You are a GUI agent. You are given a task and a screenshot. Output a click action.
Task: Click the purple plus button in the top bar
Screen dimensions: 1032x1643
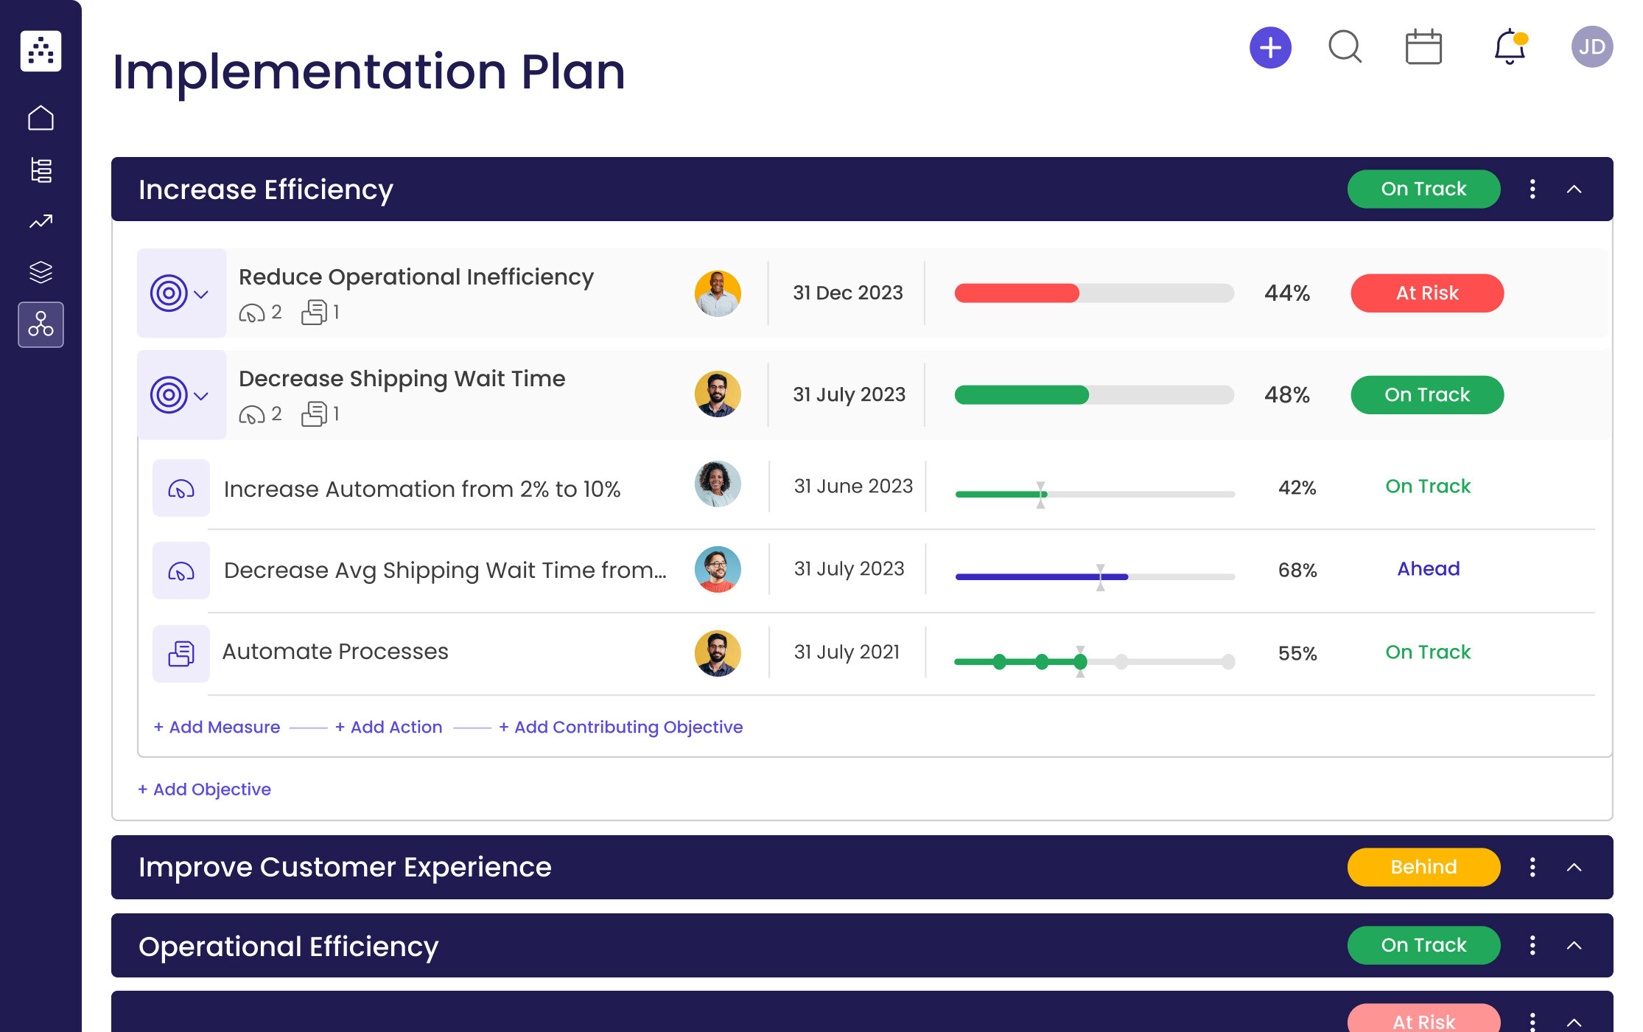[1270, 48]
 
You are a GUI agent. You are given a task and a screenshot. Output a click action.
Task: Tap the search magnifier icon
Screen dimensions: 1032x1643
[1345, 47]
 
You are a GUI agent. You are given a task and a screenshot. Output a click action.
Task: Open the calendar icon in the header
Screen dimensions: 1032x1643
[1423, 48]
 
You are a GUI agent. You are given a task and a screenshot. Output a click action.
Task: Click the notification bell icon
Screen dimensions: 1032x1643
[1509, 47]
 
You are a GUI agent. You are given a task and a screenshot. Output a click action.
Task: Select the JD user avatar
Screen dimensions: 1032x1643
[1591, 47]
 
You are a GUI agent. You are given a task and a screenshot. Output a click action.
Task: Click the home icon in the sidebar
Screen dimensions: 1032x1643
[41, 118]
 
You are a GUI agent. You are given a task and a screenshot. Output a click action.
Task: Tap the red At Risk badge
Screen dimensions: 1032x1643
[1426, 293]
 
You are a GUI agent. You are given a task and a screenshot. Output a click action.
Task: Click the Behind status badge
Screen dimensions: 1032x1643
[1423, 867]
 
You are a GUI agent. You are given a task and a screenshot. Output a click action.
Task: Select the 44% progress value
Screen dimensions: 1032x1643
[1286, 293]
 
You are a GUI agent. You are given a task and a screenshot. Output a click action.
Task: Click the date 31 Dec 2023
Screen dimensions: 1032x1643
[847, 293]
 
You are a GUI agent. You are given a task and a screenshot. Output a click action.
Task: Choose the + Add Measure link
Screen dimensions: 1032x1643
[217, 727]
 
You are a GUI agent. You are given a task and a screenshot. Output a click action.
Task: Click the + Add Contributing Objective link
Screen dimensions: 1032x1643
[620, 727]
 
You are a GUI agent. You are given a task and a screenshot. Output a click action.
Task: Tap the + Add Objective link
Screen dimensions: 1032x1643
[205, 789]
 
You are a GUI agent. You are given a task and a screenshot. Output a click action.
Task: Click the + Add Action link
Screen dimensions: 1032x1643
[389, 727]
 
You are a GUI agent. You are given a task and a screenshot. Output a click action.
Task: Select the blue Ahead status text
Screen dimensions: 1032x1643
[1428, 569]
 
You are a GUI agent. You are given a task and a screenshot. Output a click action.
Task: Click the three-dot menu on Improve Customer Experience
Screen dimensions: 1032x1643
[1532, 867]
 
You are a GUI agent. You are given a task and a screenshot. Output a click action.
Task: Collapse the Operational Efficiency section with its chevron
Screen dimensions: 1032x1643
[1574, 946]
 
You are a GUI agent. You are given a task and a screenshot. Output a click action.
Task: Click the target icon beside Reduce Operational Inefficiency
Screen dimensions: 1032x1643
[169, 293]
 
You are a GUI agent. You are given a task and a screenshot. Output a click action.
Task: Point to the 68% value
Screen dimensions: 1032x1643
[1297, 570]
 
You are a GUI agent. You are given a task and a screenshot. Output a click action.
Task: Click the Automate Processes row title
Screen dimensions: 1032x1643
[335, 652]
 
